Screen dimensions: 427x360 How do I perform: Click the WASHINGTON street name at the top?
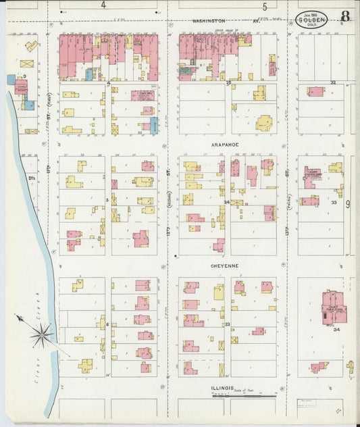[209, 22]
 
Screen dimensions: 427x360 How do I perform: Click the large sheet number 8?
[345, 17]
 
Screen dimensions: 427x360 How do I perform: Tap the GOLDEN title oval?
[311, 20]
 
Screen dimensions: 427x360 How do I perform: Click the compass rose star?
[42, 333]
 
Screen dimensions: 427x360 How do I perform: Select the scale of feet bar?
[244, 395]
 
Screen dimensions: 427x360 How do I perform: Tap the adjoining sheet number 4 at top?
[103, 5]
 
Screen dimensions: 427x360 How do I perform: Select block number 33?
[333, 202]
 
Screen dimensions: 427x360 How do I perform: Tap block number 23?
[228, 324]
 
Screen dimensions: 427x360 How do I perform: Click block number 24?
[228, 202]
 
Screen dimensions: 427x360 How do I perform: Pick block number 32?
[332, 82]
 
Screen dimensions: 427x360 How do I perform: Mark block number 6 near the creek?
[107, 324]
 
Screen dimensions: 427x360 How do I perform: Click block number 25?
[228, 82]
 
